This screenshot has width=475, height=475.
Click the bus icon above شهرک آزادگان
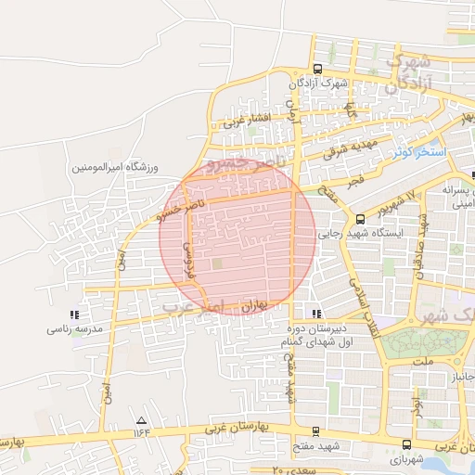coord(318,69)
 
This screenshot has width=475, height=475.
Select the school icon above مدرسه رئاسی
coord(74,315)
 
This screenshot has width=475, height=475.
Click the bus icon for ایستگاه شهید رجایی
coord(360,219)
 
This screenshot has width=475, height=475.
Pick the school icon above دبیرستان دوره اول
coord(317,314)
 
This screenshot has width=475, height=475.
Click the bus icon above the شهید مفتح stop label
coord(316,431)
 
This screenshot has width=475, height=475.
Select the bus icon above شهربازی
coord(409,444)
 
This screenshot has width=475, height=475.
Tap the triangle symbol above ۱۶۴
coord(141,419)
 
